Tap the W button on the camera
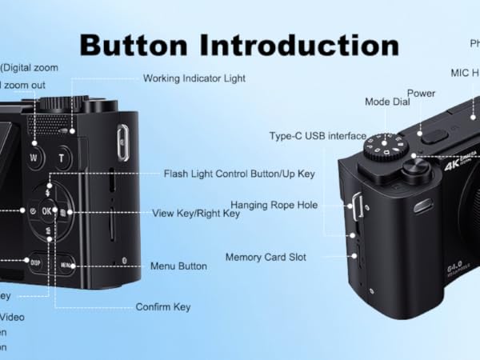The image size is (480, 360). point(34,157)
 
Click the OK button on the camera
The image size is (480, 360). point(47,211)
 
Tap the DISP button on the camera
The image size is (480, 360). point(36,261)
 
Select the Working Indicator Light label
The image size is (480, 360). point(194,78)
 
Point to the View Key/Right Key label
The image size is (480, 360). point(196,214)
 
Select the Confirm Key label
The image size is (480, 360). point(162,306)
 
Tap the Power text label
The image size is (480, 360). point(421,93)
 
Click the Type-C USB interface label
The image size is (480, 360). point(318,136)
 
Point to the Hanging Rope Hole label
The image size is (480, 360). point(274,206)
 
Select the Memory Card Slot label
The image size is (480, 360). point(265,258)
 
